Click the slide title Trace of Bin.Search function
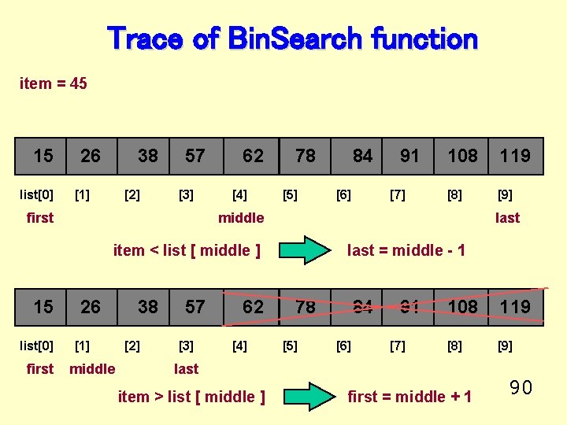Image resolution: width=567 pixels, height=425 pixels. (x=292, y=38)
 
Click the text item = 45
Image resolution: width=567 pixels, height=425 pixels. (x=54, y=83)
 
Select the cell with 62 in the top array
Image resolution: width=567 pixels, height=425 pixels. (x=253, y=156)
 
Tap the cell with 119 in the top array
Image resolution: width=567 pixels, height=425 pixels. (x=515, y=156)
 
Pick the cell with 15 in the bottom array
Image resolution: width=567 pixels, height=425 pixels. (x=43, y=306)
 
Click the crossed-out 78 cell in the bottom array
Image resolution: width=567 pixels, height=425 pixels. (x=306, y=306)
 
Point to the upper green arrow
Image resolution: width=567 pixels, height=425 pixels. (x=305, y=251)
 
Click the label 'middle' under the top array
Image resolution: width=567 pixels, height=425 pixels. (x=241, y=218)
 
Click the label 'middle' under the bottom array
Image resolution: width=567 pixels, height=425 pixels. (x=92, y=369)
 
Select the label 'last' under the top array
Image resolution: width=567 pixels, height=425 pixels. (x=507, y=218)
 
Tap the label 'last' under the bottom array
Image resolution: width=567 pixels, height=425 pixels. (x=186, y=369)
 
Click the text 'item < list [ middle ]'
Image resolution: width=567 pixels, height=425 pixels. (x=187, y=251)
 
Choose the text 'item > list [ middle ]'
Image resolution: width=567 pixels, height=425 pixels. (x=191, y=397)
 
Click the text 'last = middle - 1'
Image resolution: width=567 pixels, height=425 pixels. (x=406, y=251)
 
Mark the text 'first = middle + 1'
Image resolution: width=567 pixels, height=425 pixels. (x=409, y=397)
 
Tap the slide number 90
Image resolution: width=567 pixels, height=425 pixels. (x=521, y=387)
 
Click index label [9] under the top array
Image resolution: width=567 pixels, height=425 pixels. (x=505, y=194)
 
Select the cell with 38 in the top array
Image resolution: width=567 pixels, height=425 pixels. (x=147, y=156)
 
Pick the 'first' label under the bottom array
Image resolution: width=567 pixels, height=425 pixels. (x=40, y=369)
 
